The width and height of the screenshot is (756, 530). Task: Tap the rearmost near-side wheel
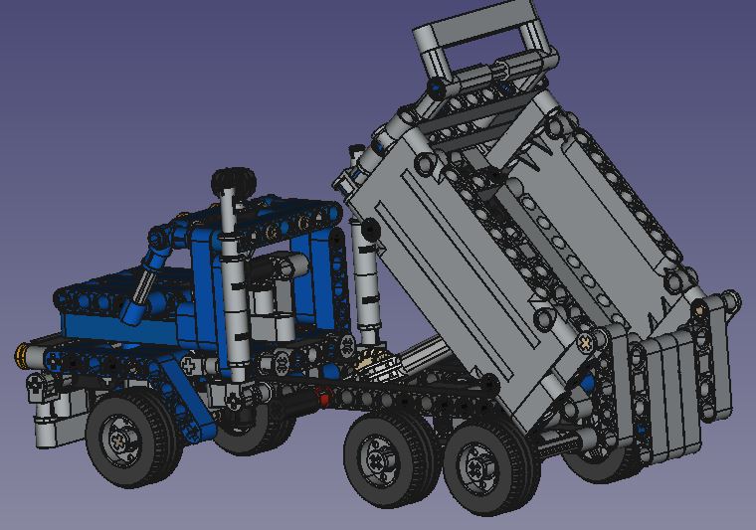484,467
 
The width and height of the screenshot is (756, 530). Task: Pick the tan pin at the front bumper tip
20,351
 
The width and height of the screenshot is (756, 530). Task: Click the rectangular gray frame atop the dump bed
475,40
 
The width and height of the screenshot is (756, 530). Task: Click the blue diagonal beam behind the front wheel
189,398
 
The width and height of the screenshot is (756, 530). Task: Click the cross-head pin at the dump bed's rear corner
586,341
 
